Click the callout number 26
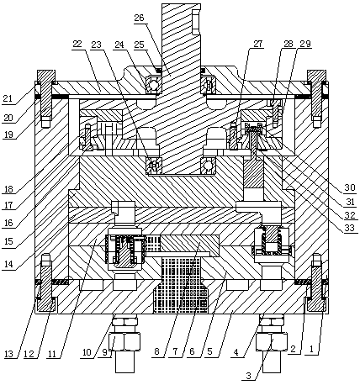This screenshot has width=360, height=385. click(x=139, y=18)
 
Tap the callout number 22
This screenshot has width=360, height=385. click(x=77, y=45)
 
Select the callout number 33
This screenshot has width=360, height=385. click(x=349, y=228)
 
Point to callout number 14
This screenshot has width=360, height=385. click(x=8, y=264)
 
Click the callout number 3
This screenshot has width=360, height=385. click(x=248, y=376)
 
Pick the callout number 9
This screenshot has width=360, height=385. click(x=104, y=352)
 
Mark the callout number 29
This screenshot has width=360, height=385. click(x=305, y=44)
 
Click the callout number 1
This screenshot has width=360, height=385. click(x=310, y=350)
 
